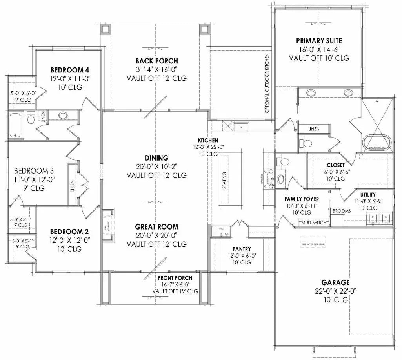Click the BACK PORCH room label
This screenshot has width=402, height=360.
156,61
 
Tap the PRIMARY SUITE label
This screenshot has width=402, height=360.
319,40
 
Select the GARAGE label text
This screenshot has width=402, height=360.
335,282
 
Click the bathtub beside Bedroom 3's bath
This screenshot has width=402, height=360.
15,125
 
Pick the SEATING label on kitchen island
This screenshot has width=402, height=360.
224,180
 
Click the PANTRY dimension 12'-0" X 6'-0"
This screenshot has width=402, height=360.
242,256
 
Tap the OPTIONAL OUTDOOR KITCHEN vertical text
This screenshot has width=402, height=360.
267,83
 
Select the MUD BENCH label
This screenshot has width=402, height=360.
313,223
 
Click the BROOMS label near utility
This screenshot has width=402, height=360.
341,211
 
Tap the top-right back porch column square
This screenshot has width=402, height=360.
204,28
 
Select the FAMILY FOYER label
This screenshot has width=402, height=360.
302,199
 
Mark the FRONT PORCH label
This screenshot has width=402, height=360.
175,278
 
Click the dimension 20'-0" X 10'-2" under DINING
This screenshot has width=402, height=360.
156,166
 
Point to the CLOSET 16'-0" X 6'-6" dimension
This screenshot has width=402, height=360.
335,172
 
